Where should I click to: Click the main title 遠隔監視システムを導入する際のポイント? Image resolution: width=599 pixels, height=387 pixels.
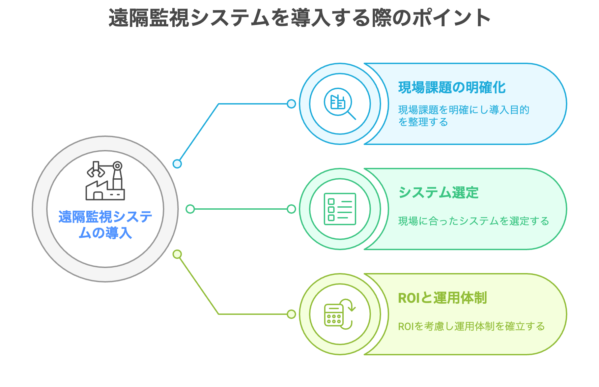point(299,18)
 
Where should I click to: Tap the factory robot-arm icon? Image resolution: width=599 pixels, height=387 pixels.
point(105,181)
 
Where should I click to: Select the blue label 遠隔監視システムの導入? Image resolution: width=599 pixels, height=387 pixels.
point(105,225)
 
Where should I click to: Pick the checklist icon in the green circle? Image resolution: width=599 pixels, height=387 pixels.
point(340,209)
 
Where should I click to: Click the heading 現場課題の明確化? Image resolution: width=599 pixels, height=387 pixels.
point(452,87)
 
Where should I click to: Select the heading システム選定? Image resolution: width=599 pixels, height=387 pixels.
point(438,192)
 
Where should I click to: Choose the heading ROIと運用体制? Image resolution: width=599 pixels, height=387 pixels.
point(443,298)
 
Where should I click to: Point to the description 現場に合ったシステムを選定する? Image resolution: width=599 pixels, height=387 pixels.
point(474,221)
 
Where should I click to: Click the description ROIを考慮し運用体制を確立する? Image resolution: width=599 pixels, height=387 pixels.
point(472,326)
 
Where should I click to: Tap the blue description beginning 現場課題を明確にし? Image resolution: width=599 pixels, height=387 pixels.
point(464,116)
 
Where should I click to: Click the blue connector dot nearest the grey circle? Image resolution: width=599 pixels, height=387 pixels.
point(177,164)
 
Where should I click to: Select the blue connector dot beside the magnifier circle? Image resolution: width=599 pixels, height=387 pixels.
point(291,104)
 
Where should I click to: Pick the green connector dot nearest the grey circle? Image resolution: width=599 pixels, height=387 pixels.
point(190,209)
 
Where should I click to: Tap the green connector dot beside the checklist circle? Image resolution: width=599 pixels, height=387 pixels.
point(291,209)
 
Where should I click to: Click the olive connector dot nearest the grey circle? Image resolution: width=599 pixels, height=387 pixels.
point(177,254)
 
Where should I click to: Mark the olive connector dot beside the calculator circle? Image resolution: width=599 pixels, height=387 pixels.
point(291,314)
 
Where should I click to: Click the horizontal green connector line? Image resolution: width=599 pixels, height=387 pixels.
point(241,209)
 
